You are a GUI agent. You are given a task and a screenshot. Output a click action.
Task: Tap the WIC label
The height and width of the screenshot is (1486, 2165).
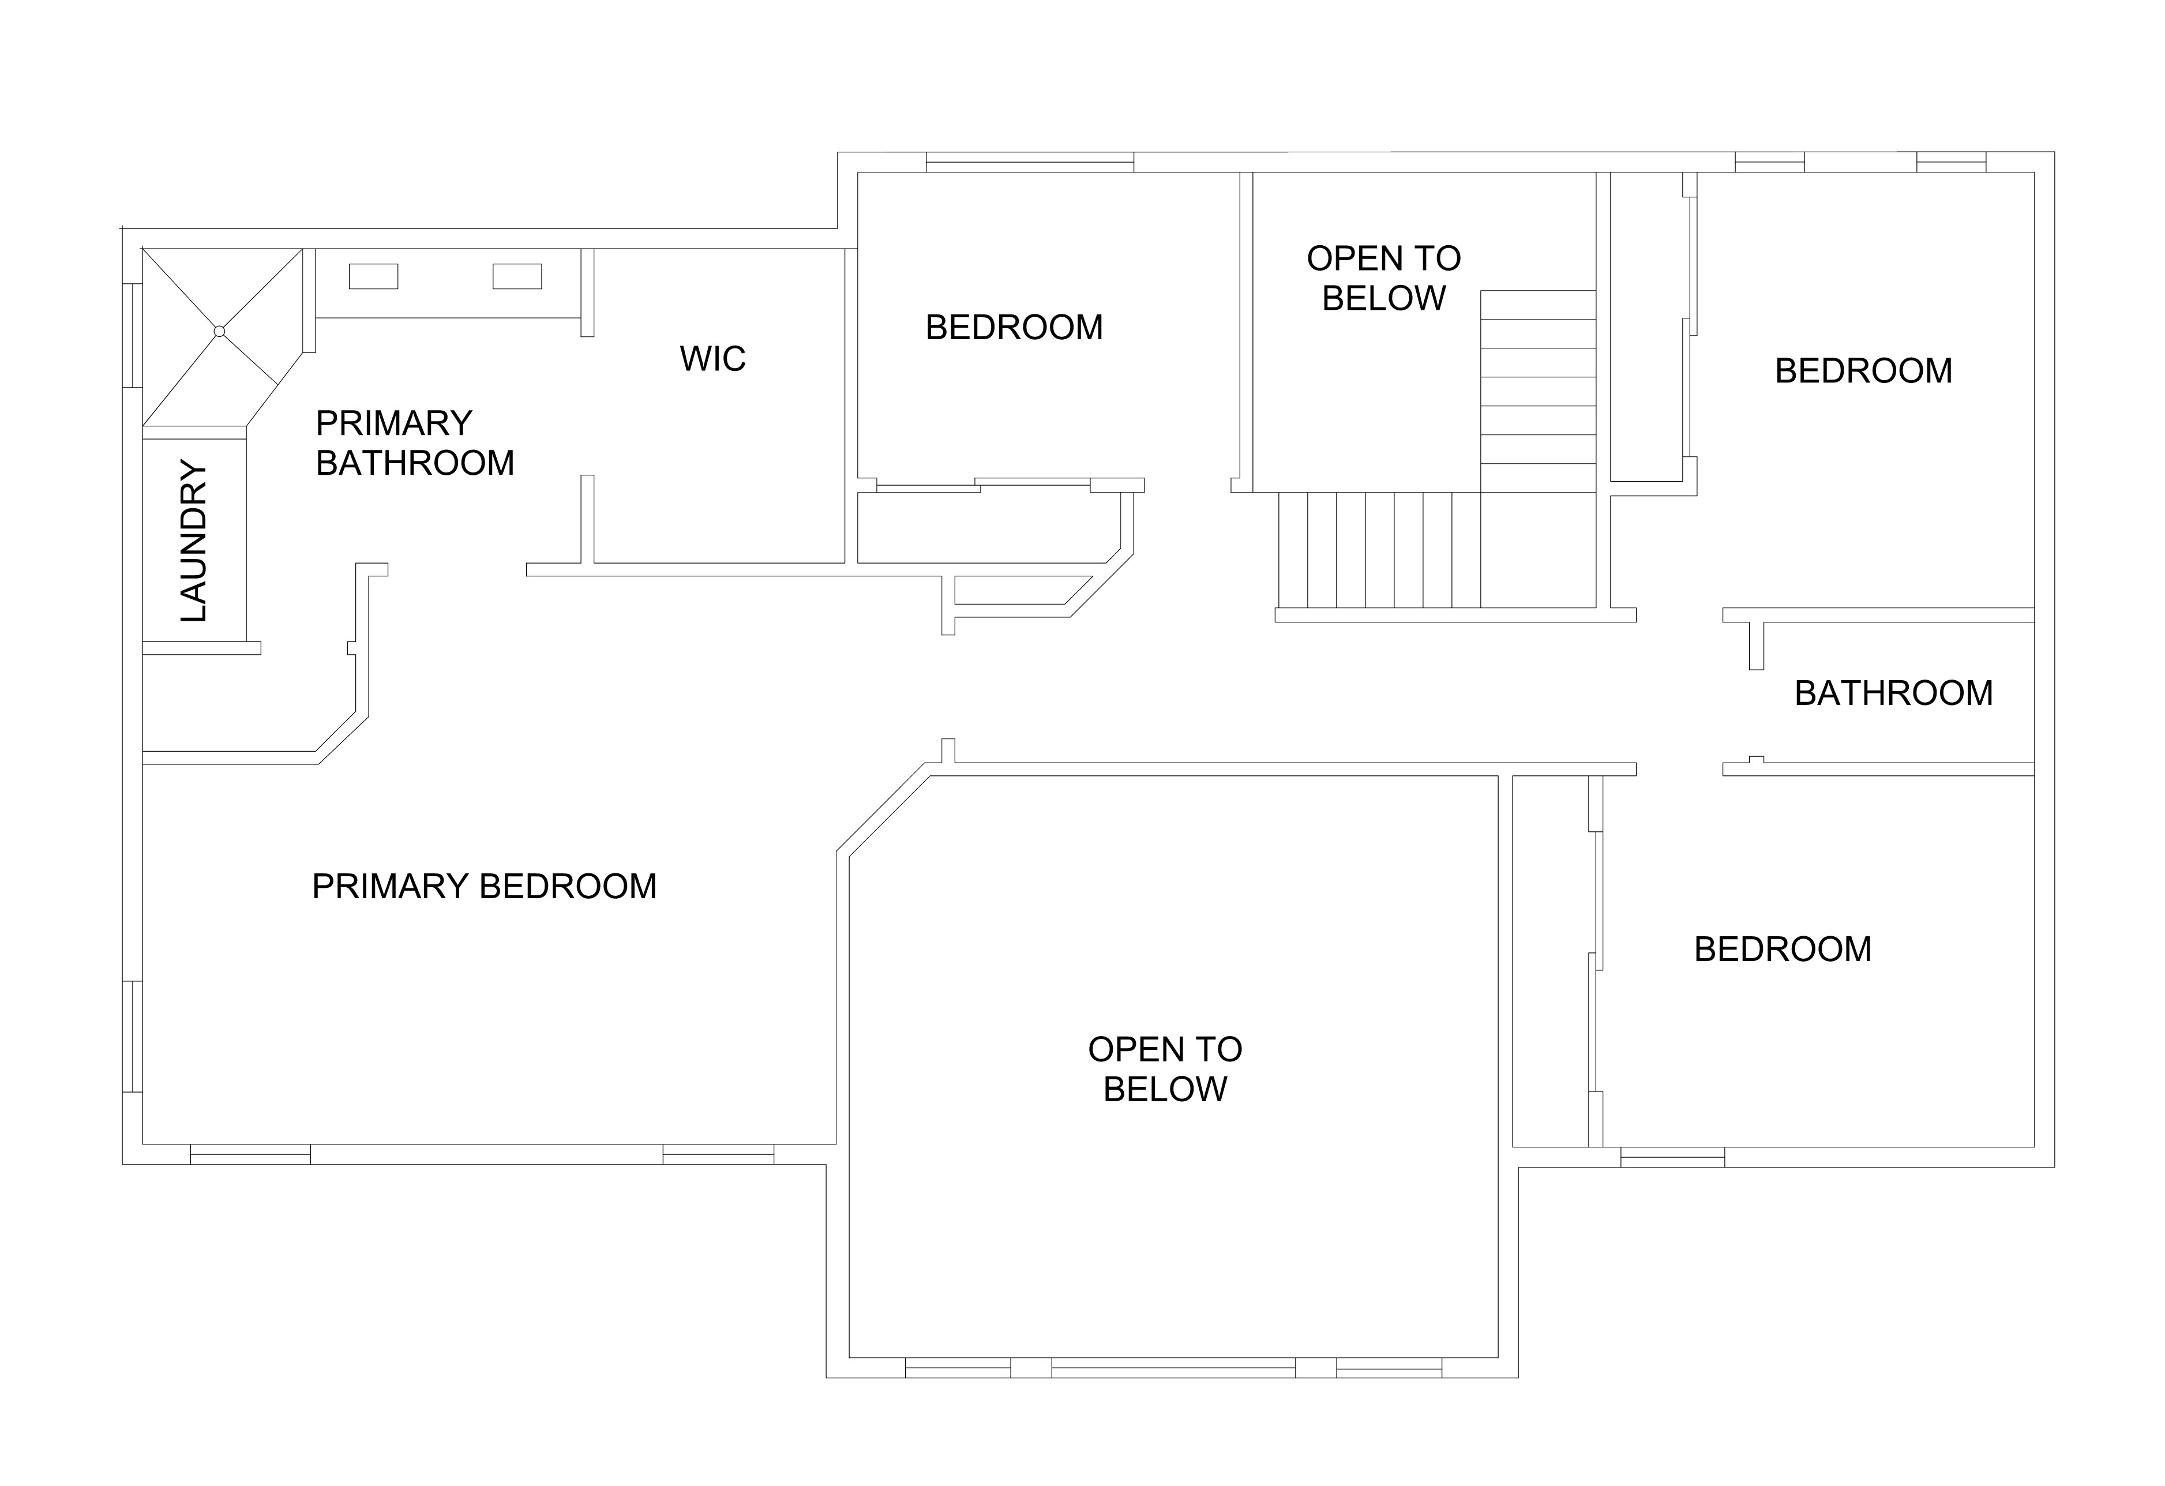coord(712,359)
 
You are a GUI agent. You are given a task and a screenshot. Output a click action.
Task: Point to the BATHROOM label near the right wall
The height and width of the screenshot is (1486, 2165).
coord(1893,693)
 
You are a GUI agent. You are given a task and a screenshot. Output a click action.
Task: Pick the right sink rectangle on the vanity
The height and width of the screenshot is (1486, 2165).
coord(517,277)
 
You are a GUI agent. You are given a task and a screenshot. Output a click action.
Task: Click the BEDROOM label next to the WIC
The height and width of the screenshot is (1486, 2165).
coord(1014,327)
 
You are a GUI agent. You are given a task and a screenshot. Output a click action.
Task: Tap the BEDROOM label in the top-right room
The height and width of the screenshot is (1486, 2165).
coord(1863,371)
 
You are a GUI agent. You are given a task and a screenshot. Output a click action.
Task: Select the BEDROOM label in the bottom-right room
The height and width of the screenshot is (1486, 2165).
coord(1782,950)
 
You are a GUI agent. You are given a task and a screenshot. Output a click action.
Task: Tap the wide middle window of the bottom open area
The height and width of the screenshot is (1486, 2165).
coord(1173,1368)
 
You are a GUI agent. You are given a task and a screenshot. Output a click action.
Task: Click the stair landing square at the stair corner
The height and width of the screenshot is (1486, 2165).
coord(1537,550)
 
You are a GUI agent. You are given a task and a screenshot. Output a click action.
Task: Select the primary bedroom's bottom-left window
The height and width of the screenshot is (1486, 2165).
coord(250,1154)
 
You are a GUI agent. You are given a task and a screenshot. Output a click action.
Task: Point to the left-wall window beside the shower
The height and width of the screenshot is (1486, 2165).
coord(132,335)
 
